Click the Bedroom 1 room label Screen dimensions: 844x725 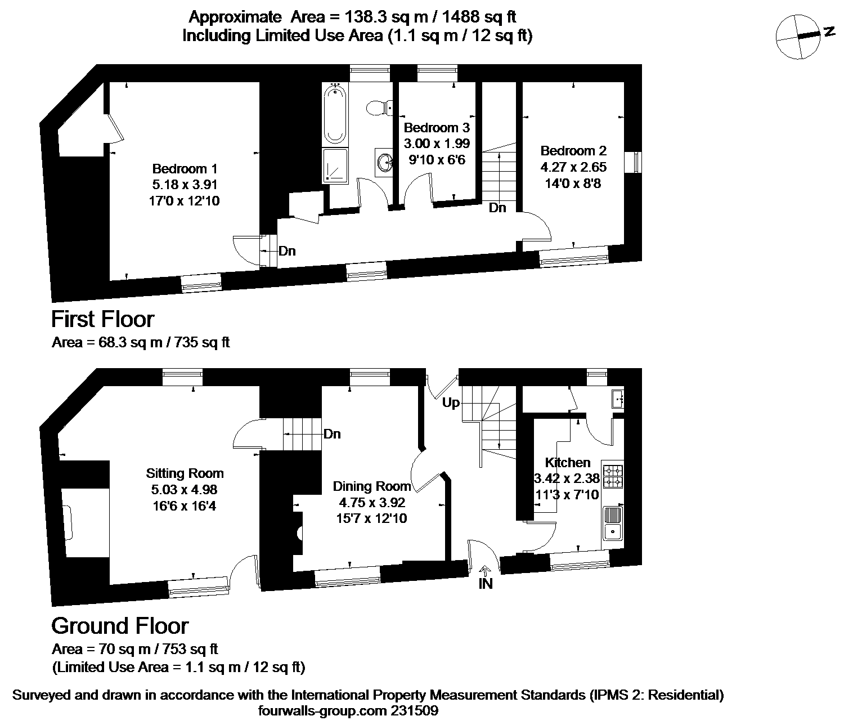click(185, 169)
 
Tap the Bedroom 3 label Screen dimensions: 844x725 click(437, 128)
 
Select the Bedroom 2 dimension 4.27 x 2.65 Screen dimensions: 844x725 click(573, 167)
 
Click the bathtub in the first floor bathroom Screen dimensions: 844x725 click(335, 114)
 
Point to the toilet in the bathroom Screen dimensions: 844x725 click(379, 108)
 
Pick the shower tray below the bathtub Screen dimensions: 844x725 click(335, 165)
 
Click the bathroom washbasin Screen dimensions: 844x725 click(384, 162)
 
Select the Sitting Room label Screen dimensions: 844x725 click(185, 473)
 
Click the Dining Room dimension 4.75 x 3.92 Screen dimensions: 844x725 click(371, 502)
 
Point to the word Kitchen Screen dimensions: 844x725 click(568, 462)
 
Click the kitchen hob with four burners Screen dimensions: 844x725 click(613, 476)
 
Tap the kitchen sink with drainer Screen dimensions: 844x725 click(613, 523)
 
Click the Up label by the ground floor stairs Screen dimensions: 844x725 click(451, 403)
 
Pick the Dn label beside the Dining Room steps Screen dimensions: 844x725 click(332, 434)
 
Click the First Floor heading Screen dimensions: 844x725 click(103, 319)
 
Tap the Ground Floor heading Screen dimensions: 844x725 click(120, 626)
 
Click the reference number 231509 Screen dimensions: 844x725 click(415, 711)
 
